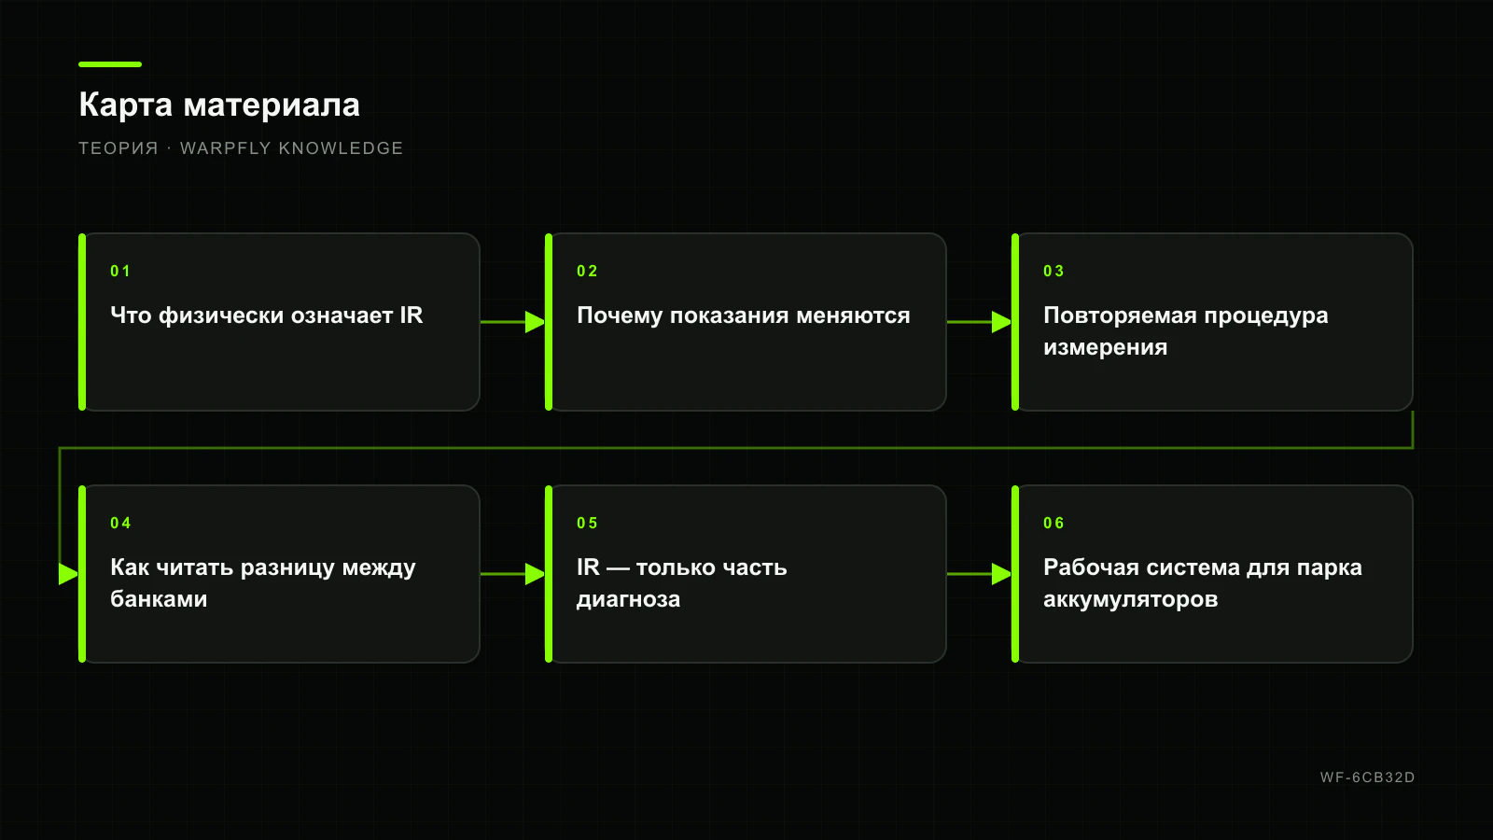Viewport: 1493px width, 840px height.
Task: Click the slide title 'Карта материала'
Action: tap(219, 105)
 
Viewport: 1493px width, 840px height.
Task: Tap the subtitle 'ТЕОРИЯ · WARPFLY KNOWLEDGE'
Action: tap(241, 148)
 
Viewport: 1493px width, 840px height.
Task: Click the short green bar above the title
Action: tap(110, 64)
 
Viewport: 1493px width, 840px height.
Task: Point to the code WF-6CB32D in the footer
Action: tap(1367, 777)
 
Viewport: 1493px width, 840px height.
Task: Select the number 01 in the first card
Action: tap(120, 272)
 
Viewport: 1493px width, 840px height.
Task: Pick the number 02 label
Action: tap(587, 272)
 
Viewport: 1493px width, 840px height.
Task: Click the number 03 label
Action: tap(1053, 272)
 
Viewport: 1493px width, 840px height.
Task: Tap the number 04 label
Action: tap(120, 524)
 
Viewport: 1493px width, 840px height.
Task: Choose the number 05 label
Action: tap(587, 524)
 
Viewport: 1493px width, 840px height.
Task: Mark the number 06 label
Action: tap(1053, 524)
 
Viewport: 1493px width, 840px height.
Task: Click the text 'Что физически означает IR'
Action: tap(267, 315)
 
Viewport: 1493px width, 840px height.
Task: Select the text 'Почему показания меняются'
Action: tap(743, 315)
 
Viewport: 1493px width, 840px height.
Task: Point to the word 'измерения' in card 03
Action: tap(1105, 347)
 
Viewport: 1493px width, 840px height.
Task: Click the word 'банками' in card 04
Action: tap(159, 598)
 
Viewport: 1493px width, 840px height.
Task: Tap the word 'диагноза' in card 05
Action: tap(628, 599)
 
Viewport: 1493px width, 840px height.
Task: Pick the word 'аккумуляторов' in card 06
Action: tap(1130, 599)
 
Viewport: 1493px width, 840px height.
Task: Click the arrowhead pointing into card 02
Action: tap(536, 322)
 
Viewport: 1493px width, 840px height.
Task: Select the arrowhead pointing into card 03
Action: tap(1002, 322)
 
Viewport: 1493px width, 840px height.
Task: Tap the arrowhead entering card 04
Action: tap(69, 574)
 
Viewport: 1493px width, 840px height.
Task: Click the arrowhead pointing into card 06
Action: tap(1002, 574)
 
